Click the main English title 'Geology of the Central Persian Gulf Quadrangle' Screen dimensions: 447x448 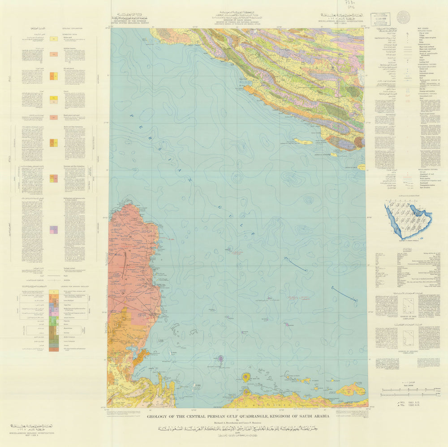pyautogui.click(x=238, y=416)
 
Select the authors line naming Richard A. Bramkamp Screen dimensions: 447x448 pyautogui.click(x=238, y=422)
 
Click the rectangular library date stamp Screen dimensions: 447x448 pyautogui.click(x=380, y=19)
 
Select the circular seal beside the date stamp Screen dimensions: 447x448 pyautogui.click(x=403, y=17)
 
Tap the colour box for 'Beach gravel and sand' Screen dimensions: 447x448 pyautogui.click(x=54, y=117)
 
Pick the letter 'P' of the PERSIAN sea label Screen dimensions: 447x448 pyautogui.click(x=132, y=115)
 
